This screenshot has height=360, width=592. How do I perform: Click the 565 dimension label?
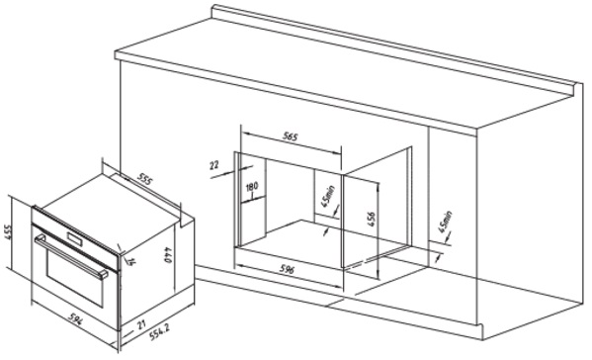tap(291, 135)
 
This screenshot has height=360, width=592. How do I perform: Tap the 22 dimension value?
tap(214, 165)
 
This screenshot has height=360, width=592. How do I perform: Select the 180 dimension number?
tap(252, 186)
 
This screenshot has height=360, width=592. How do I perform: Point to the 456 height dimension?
tap(372, 220)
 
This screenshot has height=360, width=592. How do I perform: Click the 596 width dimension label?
tap(287, 269)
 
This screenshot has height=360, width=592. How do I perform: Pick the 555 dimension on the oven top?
tap(144, 179)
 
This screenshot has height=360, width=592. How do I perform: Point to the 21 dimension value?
tap(140, 323)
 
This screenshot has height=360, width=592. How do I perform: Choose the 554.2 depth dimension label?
tap(159, 331)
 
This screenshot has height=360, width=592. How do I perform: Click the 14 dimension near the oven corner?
tap(130, 261)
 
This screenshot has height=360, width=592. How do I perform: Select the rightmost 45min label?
tap(445, 222)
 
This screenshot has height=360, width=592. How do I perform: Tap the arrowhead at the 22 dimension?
tap(232, 170)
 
